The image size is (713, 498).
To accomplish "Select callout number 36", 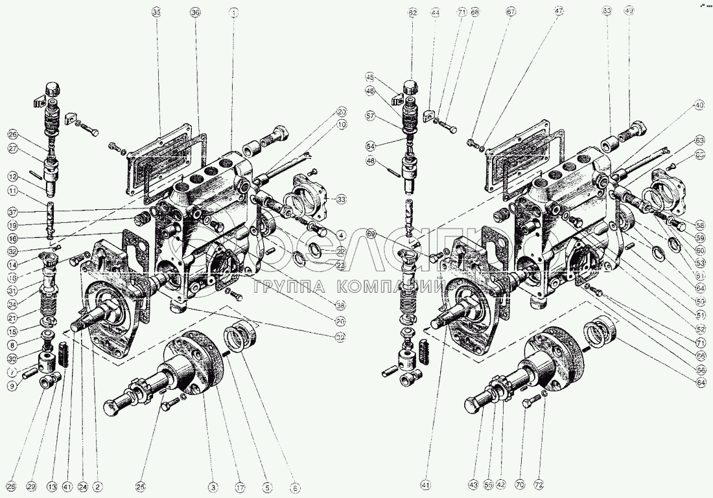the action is [196, 12].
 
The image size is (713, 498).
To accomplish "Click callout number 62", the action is [413, 12].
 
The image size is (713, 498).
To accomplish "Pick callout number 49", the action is [629, 12].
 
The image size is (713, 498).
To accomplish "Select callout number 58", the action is [700, 227].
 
